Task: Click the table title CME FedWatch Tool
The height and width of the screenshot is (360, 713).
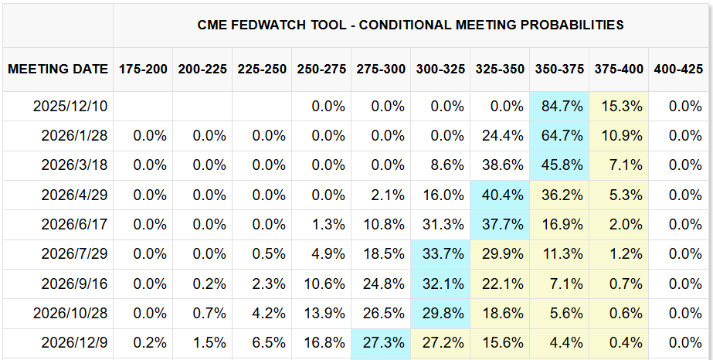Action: click(410, 25)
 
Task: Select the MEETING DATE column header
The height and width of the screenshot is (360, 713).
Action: click(58, 69)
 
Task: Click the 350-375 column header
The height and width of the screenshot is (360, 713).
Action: click(560, 69)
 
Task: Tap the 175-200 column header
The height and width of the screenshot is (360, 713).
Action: click(143, 69)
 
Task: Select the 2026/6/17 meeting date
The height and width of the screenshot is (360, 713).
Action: click(74, 224)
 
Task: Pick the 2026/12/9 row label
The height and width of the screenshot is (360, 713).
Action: click(74, 341)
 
